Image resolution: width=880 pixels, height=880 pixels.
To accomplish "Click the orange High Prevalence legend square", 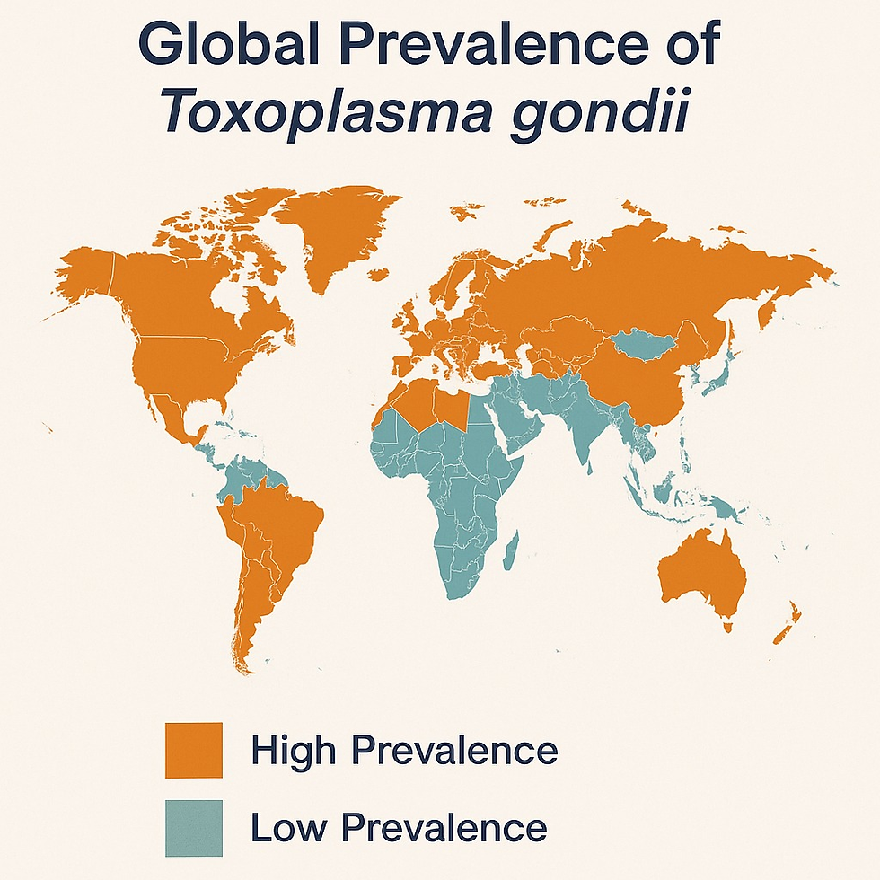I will pyautogui.click(x=193, y=749).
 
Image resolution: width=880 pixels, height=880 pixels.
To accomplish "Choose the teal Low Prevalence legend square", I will pyautogui.click(x=193, y=826).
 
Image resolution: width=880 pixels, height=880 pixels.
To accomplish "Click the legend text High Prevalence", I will pyautogui.click(x=404, y=749).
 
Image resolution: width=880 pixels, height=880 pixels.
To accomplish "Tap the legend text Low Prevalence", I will pyautogui.click(x=398, y=826).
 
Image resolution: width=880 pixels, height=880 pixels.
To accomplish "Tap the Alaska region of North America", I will pyautogui.click(x=85, y=274).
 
